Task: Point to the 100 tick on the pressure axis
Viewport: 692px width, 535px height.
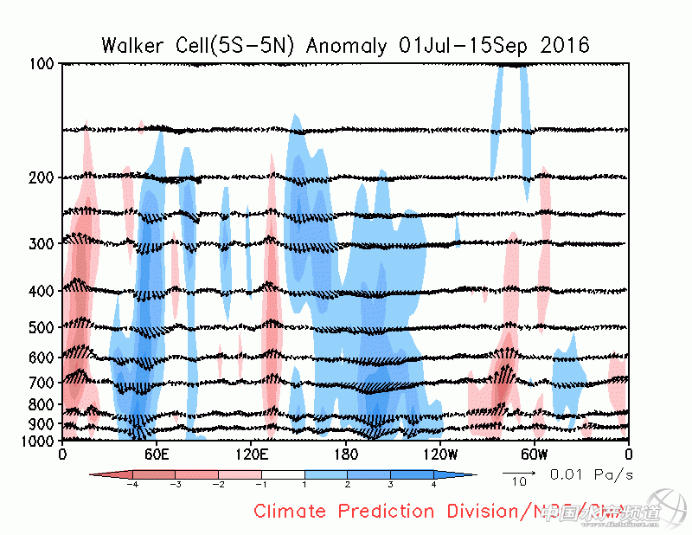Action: click(x=43, y=64)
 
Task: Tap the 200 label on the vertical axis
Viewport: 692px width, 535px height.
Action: click(x=43, y=177)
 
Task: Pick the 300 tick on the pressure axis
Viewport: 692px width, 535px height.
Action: click(x=43, y=243)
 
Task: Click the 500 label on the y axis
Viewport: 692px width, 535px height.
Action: click(x=43, y=327)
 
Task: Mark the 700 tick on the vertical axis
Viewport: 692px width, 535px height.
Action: click(x=43, y=383)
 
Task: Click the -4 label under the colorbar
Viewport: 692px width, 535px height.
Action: click(x=132, y=486)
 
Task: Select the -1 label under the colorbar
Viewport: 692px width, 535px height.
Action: click(x=261, y=486)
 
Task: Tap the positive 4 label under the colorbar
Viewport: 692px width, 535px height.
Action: click(x=432, y=486)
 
